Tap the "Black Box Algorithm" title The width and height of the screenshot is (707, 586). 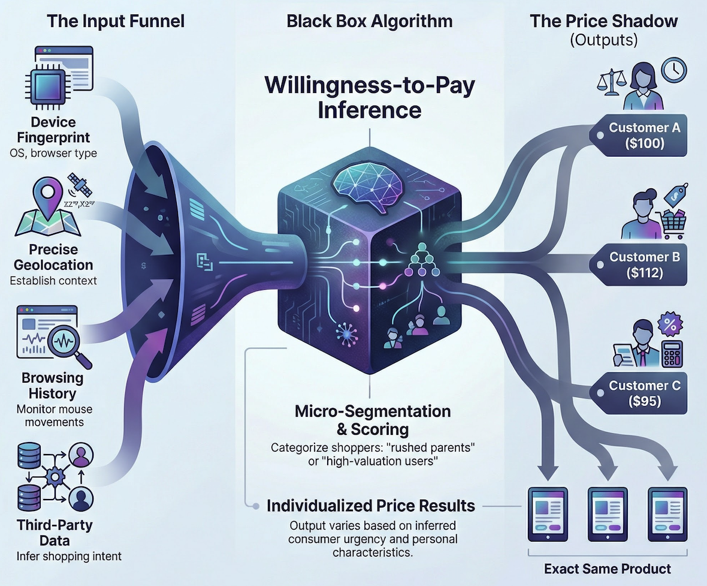point(370,22)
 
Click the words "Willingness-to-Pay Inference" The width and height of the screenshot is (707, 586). point(370,97)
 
